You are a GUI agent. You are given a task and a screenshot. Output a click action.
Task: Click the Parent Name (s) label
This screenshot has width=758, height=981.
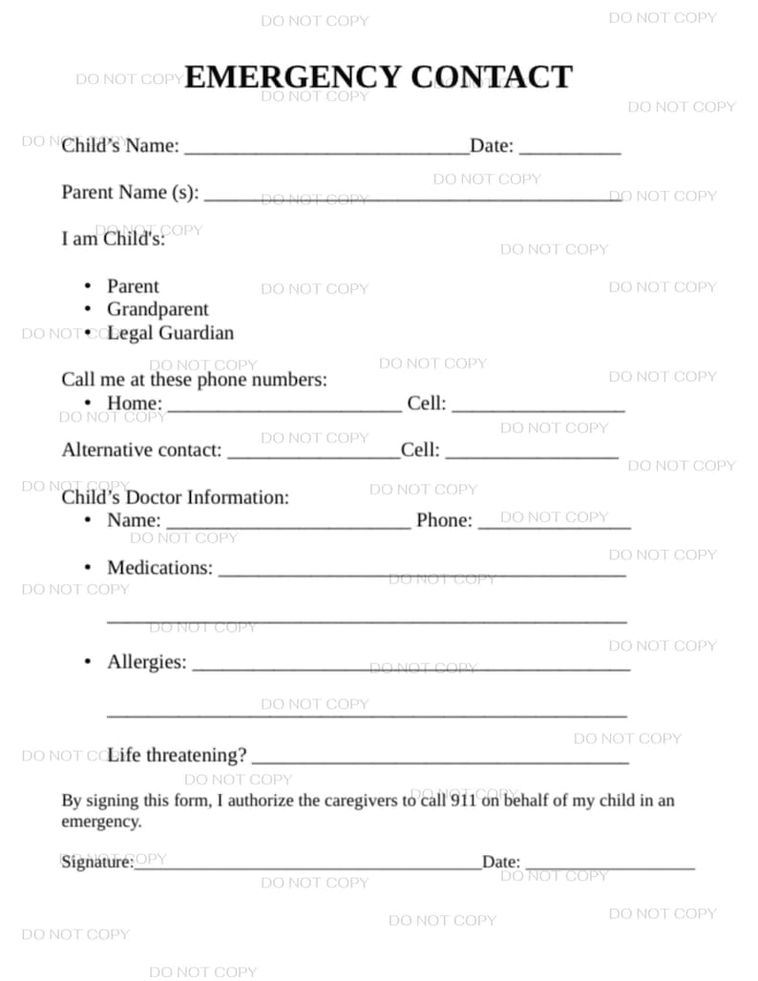point(130,192)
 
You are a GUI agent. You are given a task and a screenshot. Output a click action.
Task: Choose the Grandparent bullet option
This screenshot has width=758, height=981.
point(158,309)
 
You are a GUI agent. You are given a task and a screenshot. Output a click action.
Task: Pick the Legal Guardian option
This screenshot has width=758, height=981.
point(170,333)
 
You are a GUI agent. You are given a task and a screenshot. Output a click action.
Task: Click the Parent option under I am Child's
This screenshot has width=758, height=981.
point(133,286)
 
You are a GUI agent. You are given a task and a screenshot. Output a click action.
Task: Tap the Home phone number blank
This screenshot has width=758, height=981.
point(284,406)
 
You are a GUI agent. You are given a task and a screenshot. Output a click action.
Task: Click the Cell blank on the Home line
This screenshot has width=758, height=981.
point(538,406)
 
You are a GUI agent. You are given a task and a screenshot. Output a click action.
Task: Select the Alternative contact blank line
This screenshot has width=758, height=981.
point(313,452)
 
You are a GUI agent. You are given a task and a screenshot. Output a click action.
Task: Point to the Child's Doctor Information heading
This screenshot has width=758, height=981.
point(175,497)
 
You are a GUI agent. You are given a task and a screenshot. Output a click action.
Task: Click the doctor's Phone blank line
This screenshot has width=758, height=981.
point(554,523)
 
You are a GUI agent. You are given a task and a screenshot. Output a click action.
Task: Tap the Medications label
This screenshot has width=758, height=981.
point(159,568)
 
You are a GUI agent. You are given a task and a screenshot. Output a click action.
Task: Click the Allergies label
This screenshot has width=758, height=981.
point(147,662)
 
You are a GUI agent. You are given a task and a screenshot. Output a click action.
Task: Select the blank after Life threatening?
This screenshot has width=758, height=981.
point(439,759)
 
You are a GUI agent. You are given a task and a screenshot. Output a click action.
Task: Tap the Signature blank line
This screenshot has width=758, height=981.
point(307,865)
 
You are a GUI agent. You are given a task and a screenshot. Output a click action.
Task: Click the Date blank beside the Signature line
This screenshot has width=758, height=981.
point(610,865)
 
